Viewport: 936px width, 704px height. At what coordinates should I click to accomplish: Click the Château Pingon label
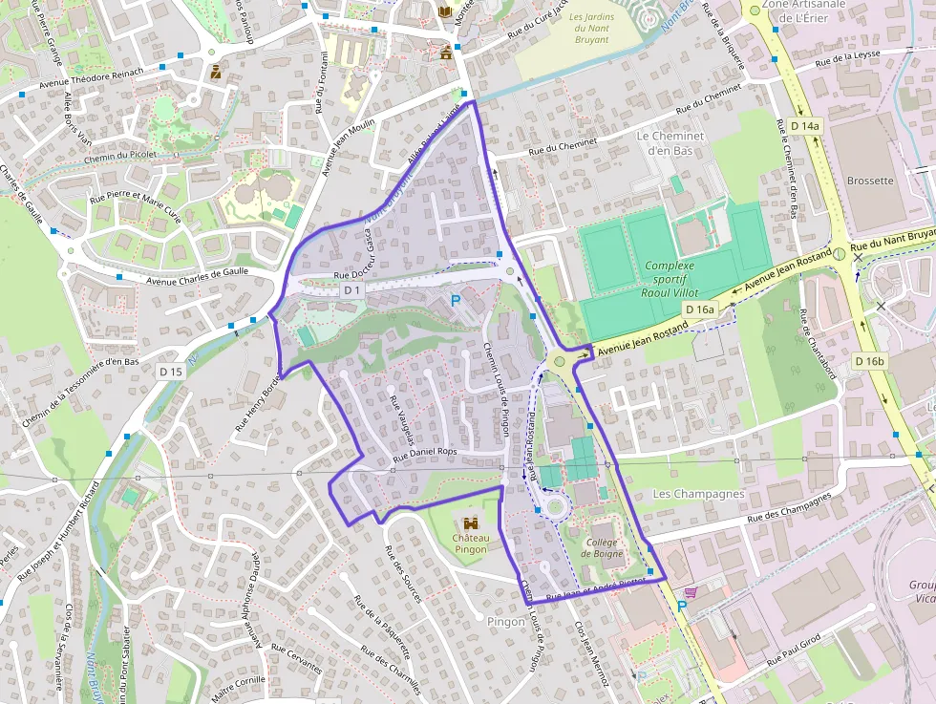470,544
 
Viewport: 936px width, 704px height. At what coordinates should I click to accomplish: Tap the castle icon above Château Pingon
470,523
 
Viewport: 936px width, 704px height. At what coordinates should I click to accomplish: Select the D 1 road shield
351,289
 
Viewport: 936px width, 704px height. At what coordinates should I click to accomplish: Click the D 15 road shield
171,371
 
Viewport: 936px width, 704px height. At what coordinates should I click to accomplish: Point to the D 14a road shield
805,126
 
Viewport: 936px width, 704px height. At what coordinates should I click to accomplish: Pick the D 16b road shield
870,361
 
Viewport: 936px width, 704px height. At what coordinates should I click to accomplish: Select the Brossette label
870,181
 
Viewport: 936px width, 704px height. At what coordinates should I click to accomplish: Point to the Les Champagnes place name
698,494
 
